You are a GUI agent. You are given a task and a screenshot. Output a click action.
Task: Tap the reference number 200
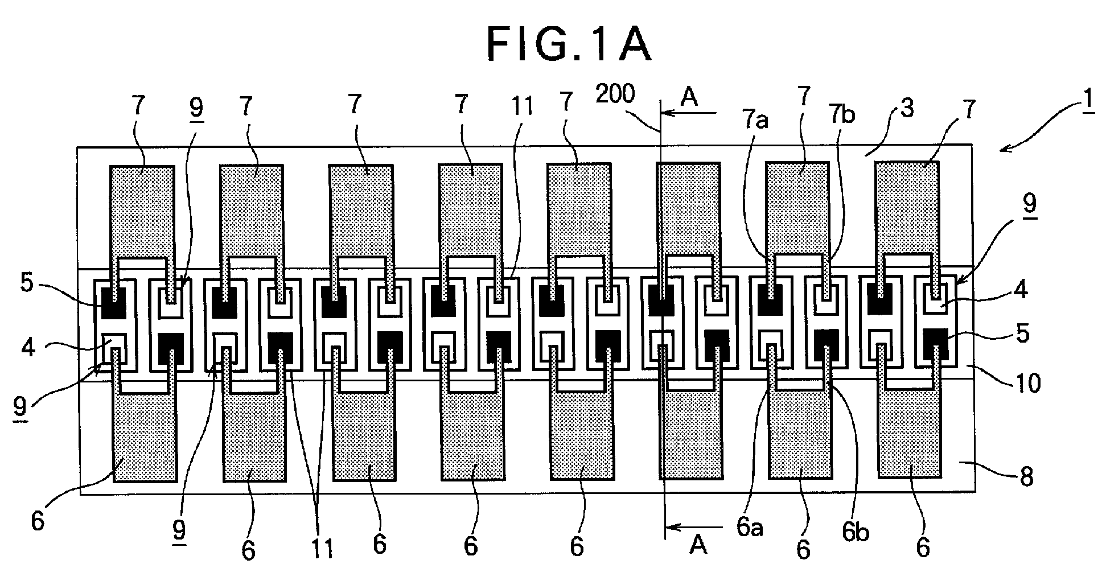pyautogui.click(x=615, y=95)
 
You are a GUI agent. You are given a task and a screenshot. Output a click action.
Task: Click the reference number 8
pyautogui.click(x=1026, y=477)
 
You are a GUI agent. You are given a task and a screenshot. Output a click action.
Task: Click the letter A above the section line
pyautogui.click(x=689, y=97)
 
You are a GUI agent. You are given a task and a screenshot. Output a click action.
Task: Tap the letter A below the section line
pyautogui.click(x=698, y=546)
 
